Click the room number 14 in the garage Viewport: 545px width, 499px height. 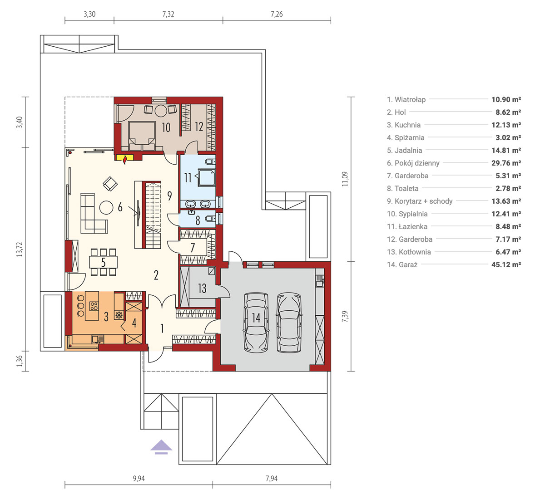pos(256,318)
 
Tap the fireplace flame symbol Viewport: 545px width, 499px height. pos(125,160)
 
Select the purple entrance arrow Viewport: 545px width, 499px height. pos(161,447)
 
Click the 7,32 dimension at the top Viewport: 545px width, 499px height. pos(168,14)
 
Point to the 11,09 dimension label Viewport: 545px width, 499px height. pos(345,179)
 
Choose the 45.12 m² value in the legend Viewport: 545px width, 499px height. pos(506,264)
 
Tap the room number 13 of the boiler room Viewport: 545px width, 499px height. pos(202,289)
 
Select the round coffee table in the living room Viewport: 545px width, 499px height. pos(106,208)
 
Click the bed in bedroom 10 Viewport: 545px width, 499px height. pos(142,136)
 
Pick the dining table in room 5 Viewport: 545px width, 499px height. pos(103,262)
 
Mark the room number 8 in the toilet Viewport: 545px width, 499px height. pos(198,220)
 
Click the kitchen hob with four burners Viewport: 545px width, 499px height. pos(94,306)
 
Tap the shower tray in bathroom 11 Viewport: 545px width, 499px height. pos(207,177)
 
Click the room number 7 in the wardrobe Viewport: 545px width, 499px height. pos(193,248)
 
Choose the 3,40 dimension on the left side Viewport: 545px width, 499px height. pos(20,122)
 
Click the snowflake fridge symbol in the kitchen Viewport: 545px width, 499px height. pos(119,315)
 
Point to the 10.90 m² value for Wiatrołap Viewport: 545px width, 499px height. pos(506,99)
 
